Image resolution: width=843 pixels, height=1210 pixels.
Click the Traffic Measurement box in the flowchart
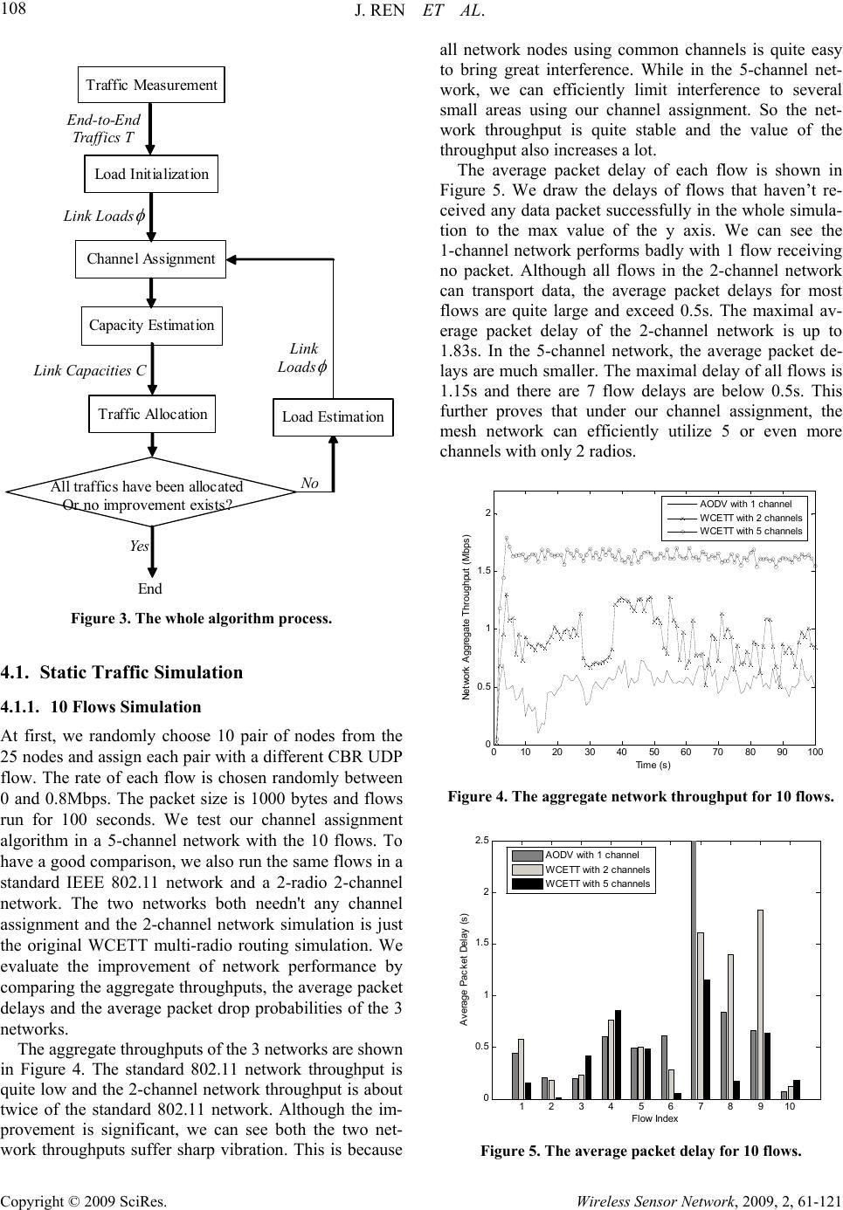151,85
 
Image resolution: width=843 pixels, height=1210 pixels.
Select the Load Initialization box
151,174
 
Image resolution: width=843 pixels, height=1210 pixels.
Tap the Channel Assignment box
151,258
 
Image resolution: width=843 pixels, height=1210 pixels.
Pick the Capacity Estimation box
151,325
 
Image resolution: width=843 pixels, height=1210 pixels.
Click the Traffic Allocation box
152,414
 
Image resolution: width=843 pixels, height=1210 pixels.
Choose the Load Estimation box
333,416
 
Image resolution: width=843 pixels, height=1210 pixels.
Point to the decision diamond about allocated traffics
151,495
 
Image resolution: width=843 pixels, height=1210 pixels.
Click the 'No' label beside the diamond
309,483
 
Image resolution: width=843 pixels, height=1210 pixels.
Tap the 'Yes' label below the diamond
139,546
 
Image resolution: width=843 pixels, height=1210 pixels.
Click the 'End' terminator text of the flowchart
150,588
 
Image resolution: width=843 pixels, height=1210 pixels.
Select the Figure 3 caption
201,619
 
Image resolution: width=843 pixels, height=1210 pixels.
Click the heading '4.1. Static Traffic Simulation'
122,672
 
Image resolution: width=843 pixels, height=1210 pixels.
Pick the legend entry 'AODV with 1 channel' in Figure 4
745,504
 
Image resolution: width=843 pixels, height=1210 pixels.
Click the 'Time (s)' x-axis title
653,765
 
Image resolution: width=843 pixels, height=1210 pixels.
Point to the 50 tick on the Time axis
653,752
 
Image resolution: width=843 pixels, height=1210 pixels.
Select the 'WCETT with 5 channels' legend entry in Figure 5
597,883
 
